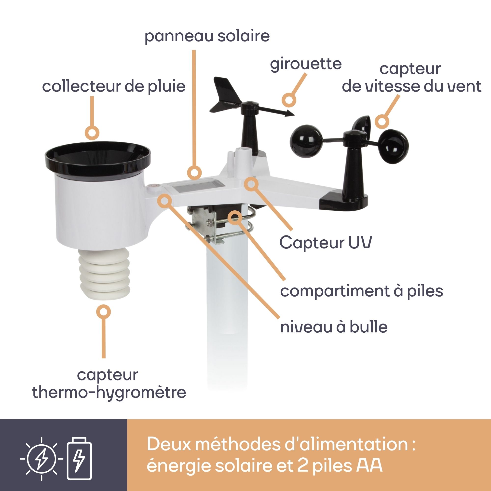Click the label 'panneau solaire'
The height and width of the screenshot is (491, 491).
[x=207, y=37]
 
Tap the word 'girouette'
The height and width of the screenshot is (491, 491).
[x=306, y=64]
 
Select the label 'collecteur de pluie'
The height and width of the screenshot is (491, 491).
[x=114, y=86]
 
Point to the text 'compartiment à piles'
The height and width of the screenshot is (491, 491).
[x=361, y=291]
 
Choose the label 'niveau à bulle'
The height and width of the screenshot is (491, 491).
[x=334, y=327]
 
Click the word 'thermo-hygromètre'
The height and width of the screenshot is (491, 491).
[x=109, y=393]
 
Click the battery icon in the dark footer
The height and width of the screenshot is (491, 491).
[x=79, y=458]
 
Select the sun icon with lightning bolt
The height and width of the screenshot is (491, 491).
[x=41, y=459]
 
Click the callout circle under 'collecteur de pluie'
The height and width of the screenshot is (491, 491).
[x=92, y=132]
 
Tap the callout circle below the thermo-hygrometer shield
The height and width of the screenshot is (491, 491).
[x=103, y=311]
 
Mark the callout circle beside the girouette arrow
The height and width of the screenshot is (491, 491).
[x=289, y=99]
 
